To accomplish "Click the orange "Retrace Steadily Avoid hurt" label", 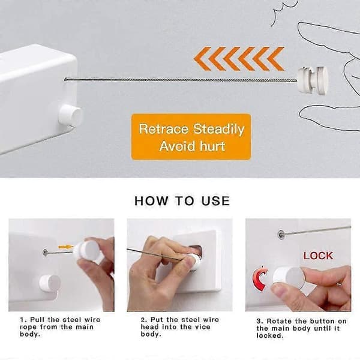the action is (191, 137).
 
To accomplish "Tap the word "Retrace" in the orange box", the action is (163, 129).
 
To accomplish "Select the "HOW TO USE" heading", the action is (182, 200).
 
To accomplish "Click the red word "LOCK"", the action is (318, 256).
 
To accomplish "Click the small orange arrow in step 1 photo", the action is (65, 247).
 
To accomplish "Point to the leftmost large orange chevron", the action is (203, 59).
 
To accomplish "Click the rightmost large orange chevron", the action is (275, 59).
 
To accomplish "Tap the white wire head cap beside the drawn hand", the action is (313, 80).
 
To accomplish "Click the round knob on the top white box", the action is (70, 115).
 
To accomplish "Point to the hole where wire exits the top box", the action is (65, 80).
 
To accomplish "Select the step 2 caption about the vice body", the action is (180, 327).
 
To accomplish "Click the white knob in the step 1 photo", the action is (50, 283).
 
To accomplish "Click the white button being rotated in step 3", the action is (289, 278).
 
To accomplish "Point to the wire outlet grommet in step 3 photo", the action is (281, 235).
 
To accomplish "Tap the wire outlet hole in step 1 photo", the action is (45, 253).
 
